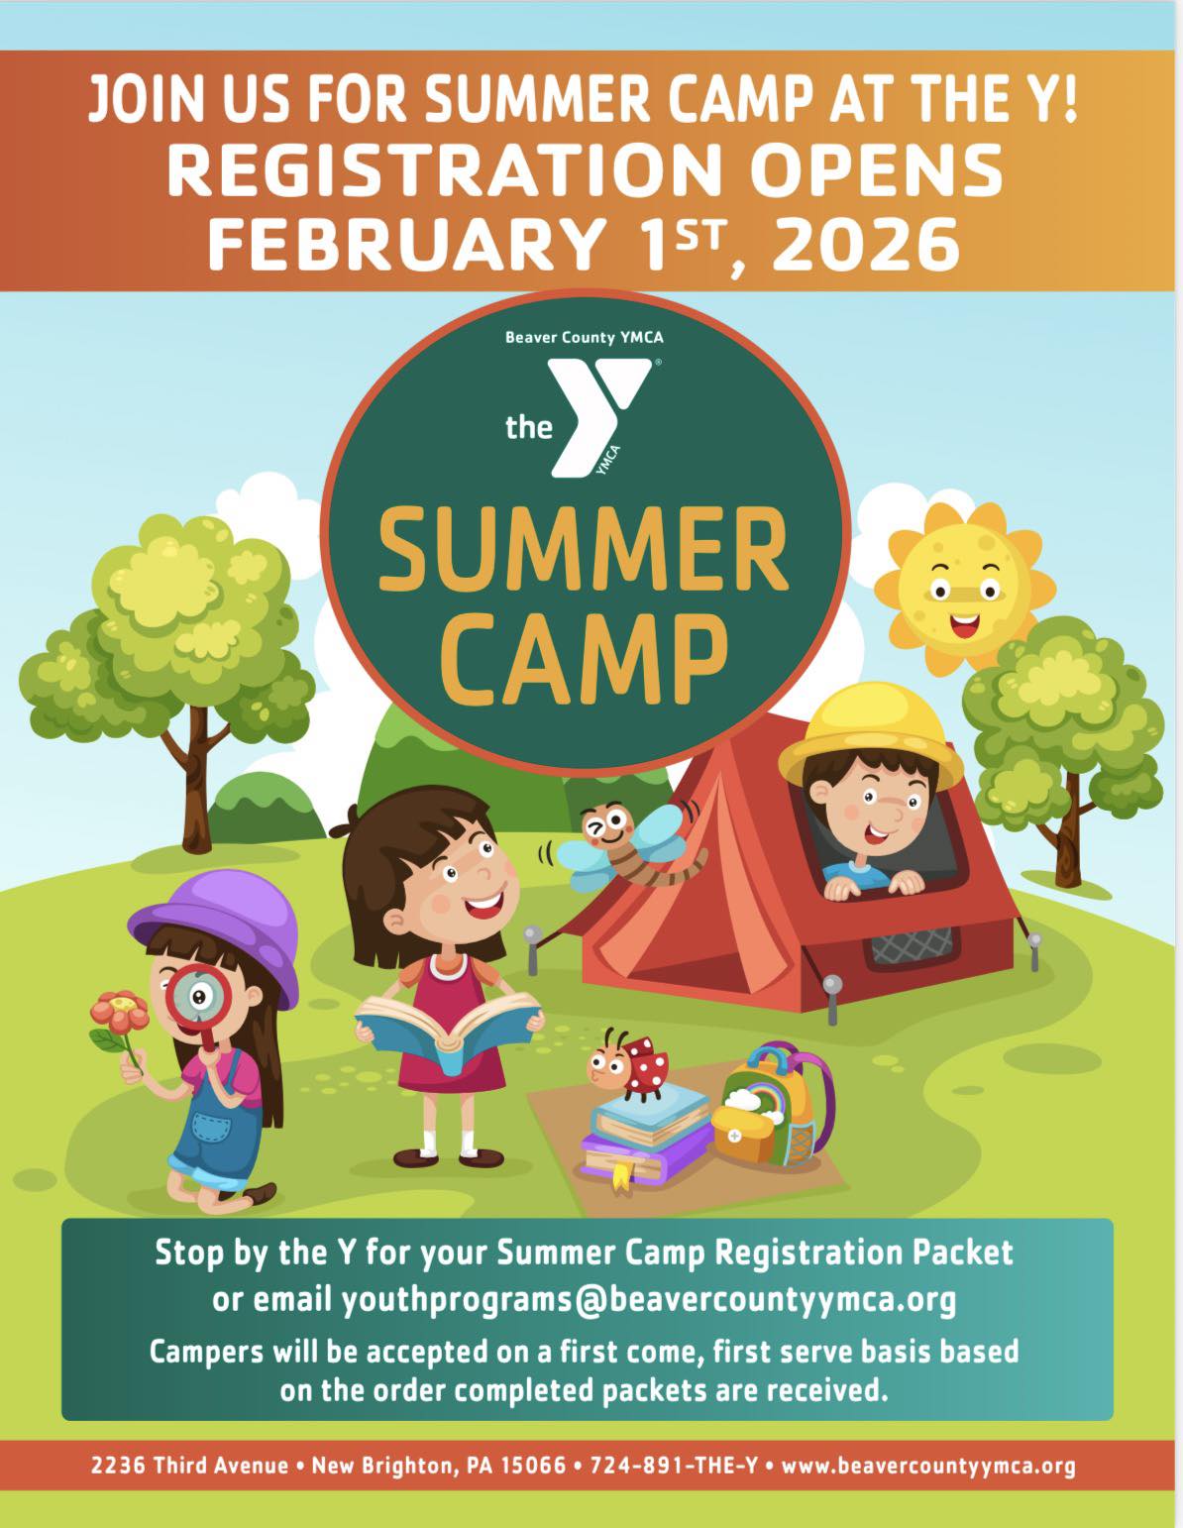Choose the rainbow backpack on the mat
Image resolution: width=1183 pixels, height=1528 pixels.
click(773, 1105)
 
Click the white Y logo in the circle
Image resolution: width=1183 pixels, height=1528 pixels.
click(598, 416)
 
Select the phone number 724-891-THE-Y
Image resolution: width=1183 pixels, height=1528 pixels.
click(674, 1465)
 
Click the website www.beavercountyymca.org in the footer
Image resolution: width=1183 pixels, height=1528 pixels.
click(928, 1466)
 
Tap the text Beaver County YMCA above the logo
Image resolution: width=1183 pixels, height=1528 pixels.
click(585, 338)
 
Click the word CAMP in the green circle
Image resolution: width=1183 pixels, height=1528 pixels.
click(585, 660)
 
